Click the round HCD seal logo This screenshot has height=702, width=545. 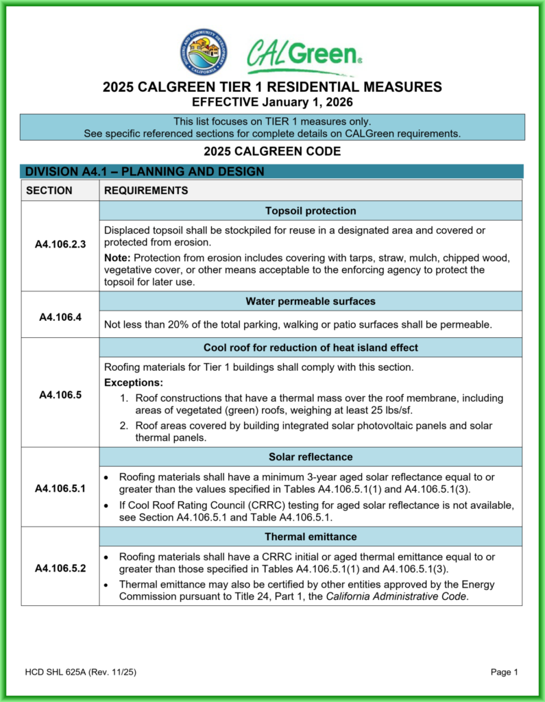pyautogui.click(x=204, y=53)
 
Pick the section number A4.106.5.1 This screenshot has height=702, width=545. pyautogui.click(x=60, y=488)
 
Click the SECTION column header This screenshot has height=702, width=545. pyautogui.click(x=49, y=190)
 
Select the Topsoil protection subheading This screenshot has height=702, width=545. pyautogui.click(x=311, y=210)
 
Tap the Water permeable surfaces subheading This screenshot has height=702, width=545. pyautogui.click(x=311, y=301)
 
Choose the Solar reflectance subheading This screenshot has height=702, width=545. pyautogui.click(x=311, y=457)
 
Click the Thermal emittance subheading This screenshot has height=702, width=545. pyautogui.click(x=311, y=537)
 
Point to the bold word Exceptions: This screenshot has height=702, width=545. pyautogui.click(x=134, y=383)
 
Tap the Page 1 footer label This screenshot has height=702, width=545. pyautogui.click(x=504, y=673)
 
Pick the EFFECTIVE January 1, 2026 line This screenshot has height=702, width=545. pyautogui.click(x=272, y=103)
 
